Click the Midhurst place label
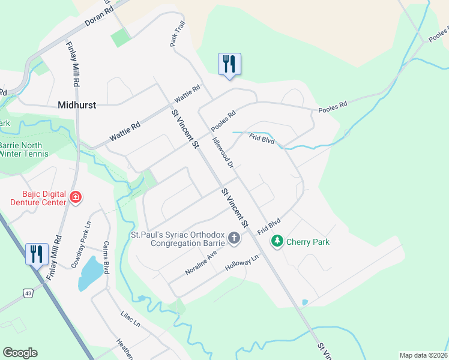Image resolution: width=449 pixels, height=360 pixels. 77,104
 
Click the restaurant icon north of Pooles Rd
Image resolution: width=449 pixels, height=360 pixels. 229,64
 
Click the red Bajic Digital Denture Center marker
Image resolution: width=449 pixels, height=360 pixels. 76,197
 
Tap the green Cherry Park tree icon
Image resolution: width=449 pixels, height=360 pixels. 277,241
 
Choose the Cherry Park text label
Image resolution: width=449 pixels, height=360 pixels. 308,242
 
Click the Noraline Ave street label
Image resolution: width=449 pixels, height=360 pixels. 200,263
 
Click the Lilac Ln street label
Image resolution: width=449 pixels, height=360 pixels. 130,319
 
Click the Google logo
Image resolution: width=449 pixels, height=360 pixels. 20,353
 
